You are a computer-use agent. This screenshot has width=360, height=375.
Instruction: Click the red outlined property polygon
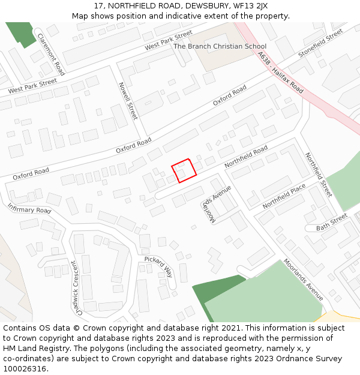(x=184, y=170)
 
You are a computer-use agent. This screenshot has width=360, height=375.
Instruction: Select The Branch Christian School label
(x=220, y=46)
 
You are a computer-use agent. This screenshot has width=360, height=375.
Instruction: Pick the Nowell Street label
(x=128, y=101)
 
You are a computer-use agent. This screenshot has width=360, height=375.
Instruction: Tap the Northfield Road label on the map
(x=246, y=157)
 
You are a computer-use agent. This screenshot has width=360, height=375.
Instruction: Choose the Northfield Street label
(x=318, y=175)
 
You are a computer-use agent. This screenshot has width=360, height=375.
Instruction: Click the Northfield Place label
(x=284, y=196)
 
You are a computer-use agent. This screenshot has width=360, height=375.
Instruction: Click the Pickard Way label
(x=158, y=267)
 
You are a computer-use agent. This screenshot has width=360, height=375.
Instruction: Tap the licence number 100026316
(x=25, y=368)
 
